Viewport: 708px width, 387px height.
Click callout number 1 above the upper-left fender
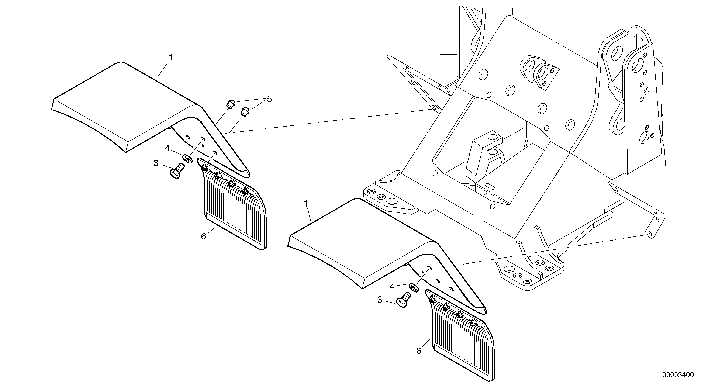pyautogui.click(x=171, y=58)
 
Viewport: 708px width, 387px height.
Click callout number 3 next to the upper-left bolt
pyautogui.click(x=156, y=163)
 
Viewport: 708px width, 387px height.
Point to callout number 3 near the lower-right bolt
pyautogui.click(x=380, y=300)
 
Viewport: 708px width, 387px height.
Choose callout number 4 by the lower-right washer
pyautogui.click(x=392, y=287)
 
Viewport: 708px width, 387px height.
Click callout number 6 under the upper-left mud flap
pyautogui.click(x=203, y=236)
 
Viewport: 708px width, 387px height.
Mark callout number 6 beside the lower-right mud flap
pyautogui.click(x=419, y=351)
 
